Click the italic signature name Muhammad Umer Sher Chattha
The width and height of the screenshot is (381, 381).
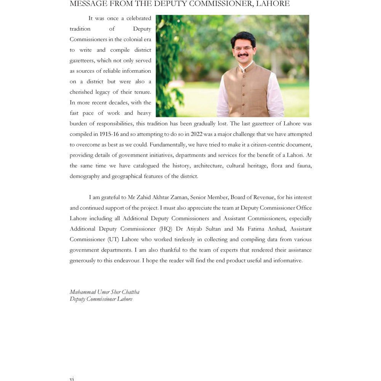104,292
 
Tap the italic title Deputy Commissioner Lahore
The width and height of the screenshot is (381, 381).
101,299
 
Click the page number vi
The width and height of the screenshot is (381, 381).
72,378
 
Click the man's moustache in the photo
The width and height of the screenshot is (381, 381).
243,55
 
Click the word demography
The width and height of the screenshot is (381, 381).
85,176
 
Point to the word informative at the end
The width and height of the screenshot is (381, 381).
288,261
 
